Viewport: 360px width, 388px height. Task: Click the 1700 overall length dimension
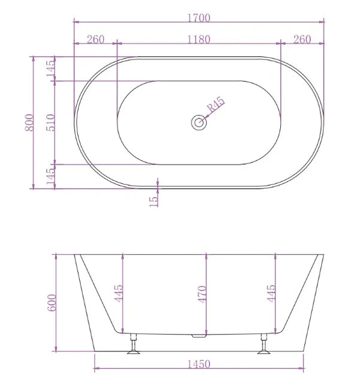[199, 17]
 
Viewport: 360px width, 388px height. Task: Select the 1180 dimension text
[199, 40]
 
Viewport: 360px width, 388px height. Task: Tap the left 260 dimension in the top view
[95, 40]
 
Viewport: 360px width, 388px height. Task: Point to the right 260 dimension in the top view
[302, 40]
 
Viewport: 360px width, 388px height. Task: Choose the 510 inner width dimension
[50, 123]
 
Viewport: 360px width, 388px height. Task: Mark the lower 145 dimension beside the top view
[50, 175]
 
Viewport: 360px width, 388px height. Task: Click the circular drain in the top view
[199, 123]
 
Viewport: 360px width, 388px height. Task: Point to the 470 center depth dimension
[202, 294]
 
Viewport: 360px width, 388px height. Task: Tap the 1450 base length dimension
[199, 363]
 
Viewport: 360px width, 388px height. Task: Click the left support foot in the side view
[133, 347]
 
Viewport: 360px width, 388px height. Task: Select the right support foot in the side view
[264, 347]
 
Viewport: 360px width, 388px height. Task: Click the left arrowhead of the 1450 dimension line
[97, 369]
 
